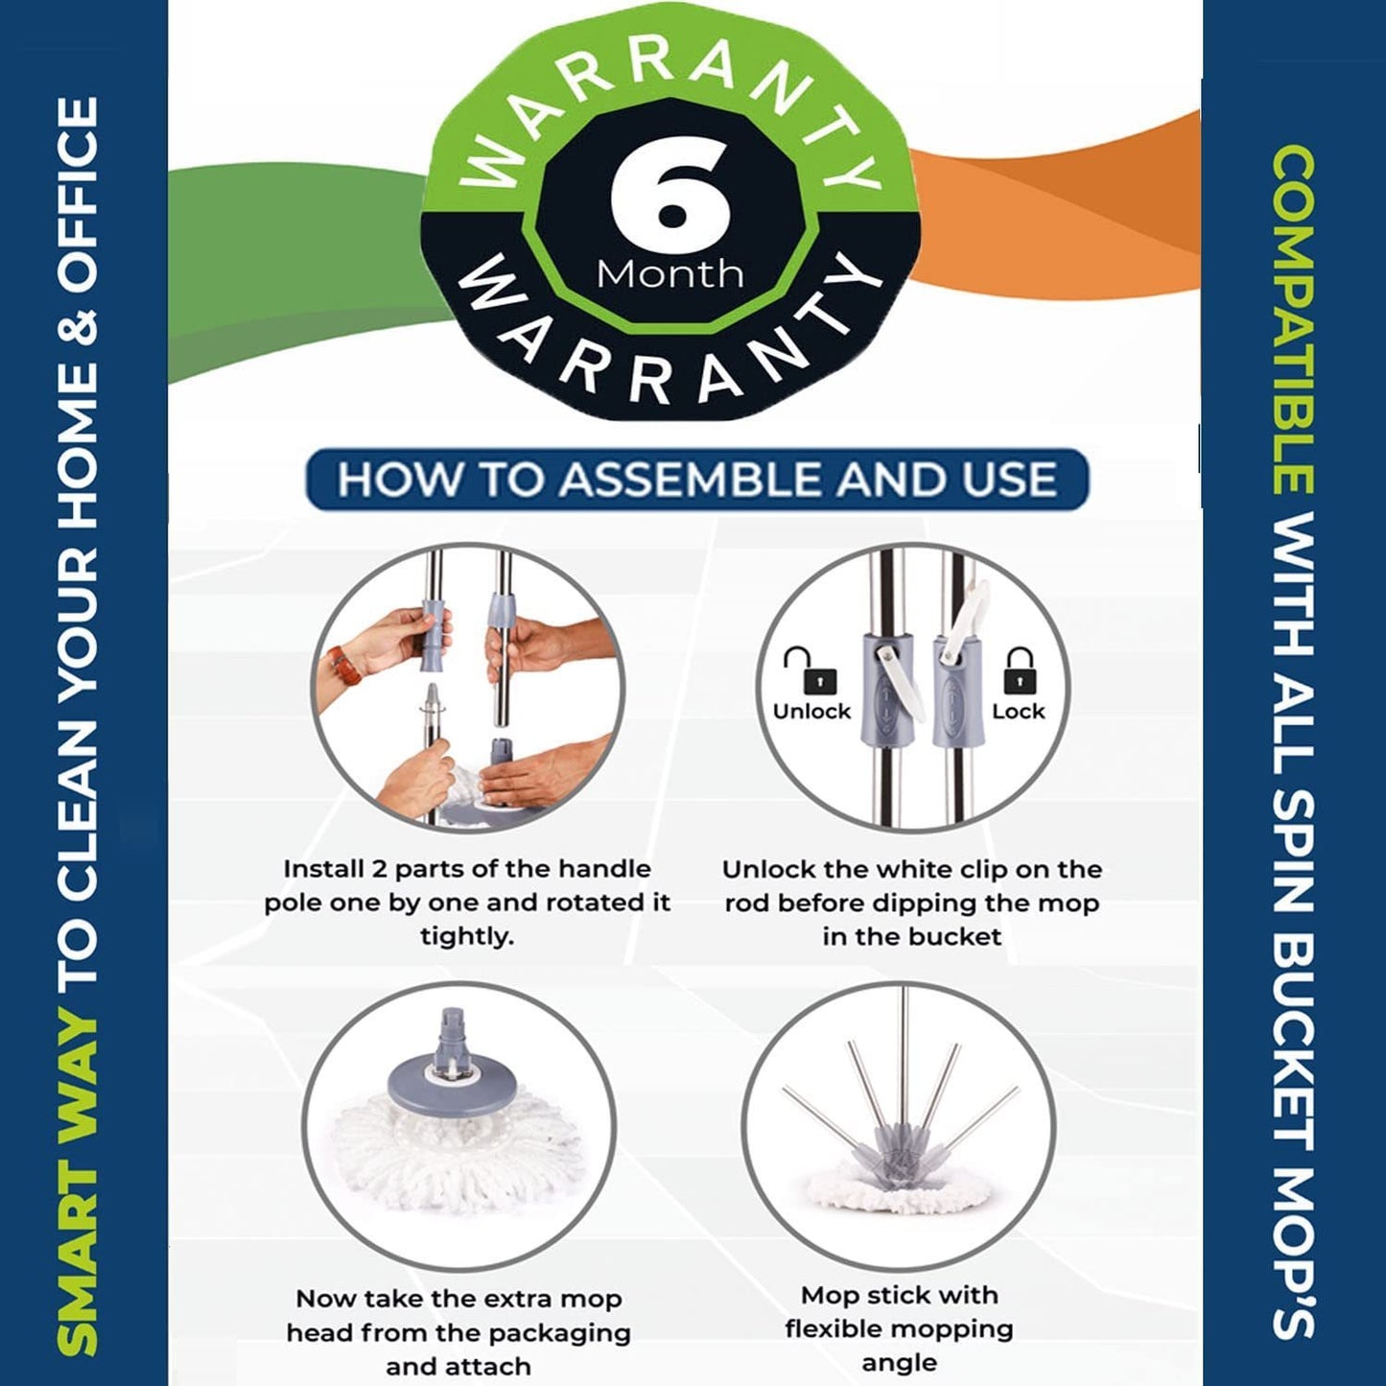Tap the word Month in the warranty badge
click(x=670, y=274)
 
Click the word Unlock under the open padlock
click(x=811, y=712)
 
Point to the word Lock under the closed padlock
click(x=1019, y=712)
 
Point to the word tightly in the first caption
click(x=467, y=937)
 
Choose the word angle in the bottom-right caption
click(x=899, y=1363)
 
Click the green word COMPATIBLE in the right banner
click(x=1293, y=320)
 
